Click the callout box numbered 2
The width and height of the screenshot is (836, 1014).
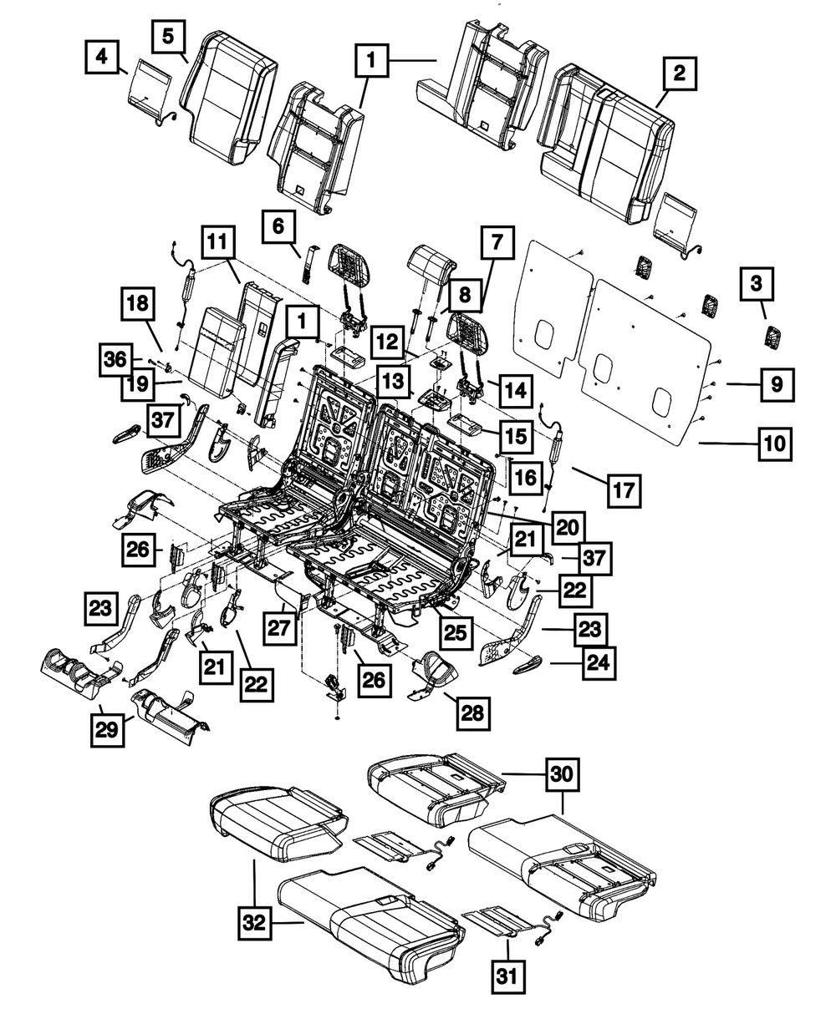pyautogui.click(x=680, y=74)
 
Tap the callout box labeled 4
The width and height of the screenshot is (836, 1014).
pyautogui.click(x=102, y=57)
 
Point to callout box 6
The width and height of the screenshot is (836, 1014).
pyautogui.click(x=278, y=226)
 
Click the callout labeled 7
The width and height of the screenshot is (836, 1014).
pyautogui.click(x=497, y=244)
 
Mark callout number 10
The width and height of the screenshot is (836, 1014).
pyautogui.click(x=776, y=444)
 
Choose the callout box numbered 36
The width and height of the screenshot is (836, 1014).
pyautogui.click(x=117, y=358)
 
